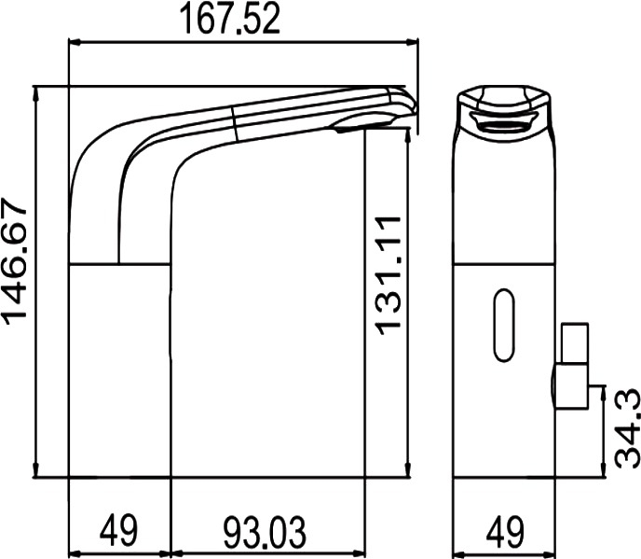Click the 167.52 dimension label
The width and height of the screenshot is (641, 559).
point(230,19)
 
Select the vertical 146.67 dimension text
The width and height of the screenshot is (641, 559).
point(16,261)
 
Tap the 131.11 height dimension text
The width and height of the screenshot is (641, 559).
point(388,275)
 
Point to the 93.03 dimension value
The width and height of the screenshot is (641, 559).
point(264,532)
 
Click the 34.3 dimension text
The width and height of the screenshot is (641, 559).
point(627,428)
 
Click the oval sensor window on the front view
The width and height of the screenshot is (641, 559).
point(504,325)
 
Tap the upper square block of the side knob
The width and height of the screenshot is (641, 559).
point(575,342)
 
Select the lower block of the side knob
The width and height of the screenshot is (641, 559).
point(571,386)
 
